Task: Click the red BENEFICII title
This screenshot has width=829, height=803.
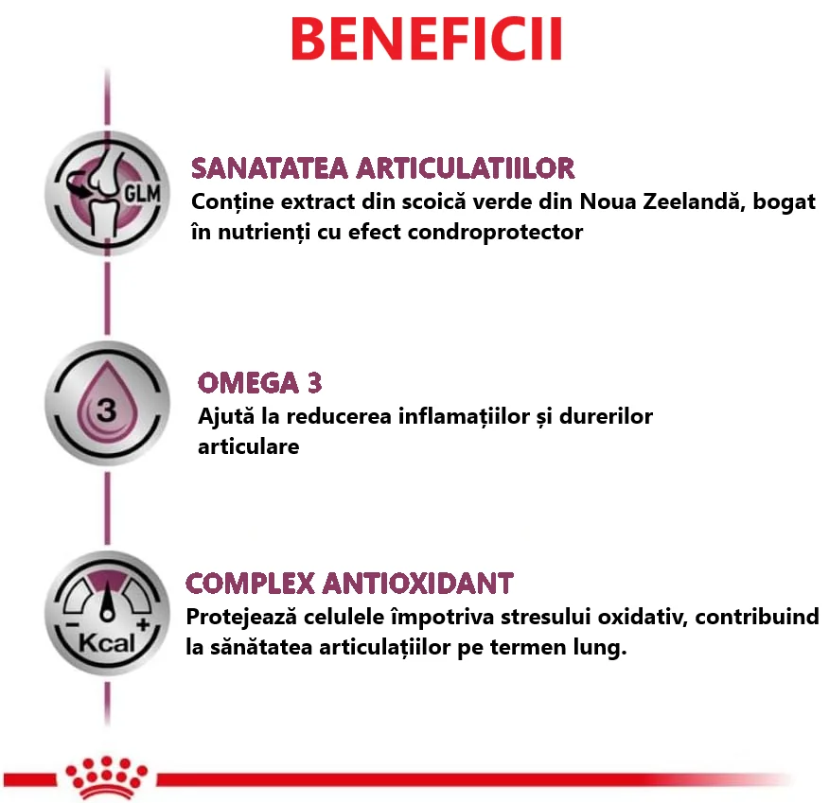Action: (x=426, y=39)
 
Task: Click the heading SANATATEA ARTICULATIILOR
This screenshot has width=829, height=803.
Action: (x=382, y=169)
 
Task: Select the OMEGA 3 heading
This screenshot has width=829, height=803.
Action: (x=260, y=383)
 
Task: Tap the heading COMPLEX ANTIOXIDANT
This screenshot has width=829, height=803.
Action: (x=350, y=582)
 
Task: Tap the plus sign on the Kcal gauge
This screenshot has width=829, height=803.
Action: (x=143, y=627)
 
